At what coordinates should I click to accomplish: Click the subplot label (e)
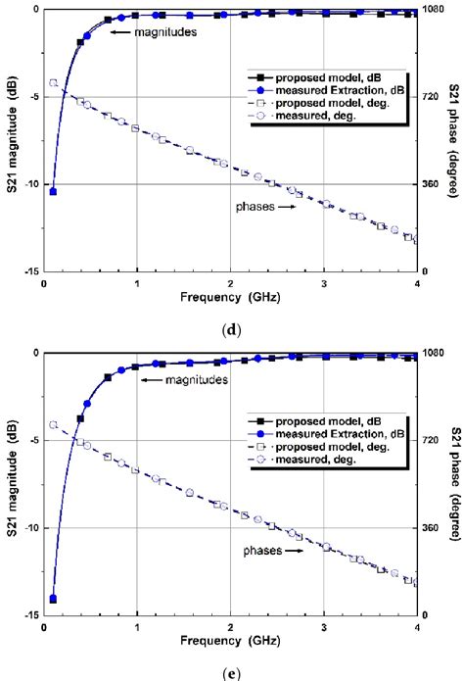tap(233, 671)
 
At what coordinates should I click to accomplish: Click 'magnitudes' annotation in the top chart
tap(162, 32)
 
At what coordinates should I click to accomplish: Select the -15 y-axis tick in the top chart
tap(28, 271)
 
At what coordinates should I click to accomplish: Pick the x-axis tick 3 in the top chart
tap(324, 284)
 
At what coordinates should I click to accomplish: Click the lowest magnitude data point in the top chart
tap(53, 191)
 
